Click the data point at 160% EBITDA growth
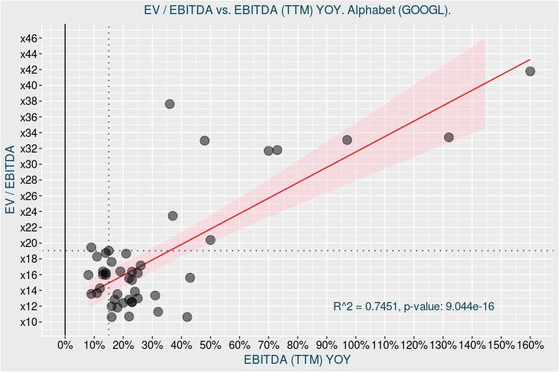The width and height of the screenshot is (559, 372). coord(531,71)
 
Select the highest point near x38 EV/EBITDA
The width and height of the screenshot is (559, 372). coord(170,104)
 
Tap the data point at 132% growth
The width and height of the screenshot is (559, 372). coord(449,138)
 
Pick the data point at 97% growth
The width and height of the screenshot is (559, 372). coord(347,140)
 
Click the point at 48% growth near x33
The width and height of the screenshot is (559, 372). coord(205,141)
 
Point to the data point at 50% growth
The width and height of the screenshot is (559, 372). coord(210,240)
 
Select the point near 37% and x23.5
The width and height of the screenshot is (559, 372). coord(173,216)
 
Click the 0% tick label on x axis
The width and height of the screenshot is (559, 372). coord(66,345)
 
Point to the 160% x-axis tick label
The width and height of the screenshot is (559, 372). coord(531,345)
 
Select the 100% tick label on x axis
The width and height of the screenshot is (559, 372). coord(356,345)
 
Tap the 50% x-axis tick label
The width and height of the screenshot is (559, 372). coord(211,345)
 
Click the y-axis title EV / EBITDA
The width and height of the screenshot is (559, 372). coord(10,180)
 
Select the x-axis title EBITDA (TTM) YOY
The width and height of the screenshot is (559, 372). coord(297,360)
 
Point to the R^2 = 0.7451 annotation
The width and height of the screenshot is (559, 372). coord(414,306)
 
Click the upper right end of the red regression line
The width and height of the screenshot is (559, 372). coord(530,60)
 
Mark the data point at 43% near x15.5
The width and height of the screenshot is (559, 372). coord(190,278)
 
